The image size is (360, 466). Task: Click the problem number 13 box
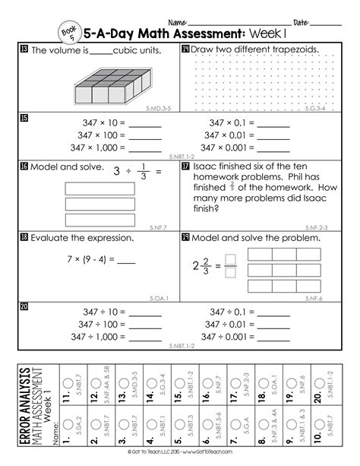[25, 50]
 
